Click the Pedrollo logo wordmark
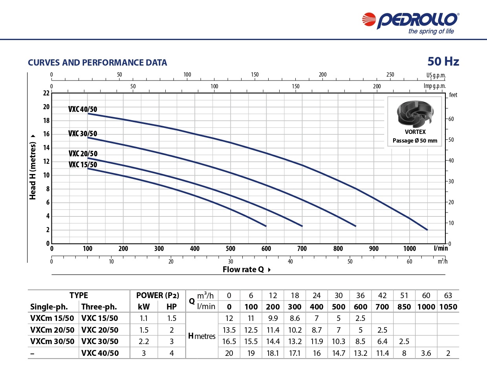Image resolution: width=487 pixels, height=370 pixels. pos(417,20)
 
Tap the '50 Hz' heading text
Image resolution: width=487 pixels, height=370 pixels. pos(443,62)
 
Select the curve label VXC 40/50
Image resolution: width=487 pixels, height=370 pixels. pos(82,110)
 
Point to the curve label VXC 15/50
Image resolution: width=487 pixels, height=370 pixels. pos(82,165)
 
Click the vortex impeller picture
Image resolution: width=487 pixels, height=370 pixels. pos(415,114)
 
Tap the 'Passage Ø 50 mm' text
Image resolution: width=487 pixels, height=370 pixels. pos(415,141)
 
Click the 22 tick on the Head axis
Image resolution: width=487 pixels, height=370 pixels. pos(46,93)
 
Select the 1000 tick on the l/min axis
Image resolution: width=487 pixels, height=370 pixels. pos(409,249)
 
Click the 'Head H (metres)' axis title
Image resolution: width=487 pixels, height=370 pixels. pos(33,166)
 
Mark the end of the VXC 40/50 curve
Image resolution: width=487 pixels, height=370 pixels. pos(427,230)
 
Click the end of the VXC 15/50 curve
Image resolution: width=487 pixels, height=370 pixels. pos(266,226)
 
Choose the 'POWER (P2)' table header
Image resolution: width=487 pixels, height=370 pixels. pos(157,295)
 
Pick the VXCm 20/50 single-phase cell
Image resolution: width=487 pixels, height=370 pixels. pos(52,330)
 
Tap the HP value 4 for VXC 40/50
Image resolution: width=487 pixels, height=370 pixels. pos(172,353)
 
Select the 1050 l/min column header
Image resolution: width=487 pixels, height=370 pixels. pos(448,307)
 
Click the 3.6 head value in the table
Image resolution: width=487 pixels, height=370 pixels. pos(426,353)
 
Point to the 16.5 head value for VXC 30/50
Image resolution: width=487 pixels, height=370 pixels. pos(229,341)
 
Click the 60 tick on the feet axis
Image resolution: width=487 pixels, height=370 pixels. pos(452,119)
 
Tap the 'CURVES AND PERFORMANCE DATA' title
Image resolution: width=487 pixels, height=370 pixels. pos(97,62)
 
